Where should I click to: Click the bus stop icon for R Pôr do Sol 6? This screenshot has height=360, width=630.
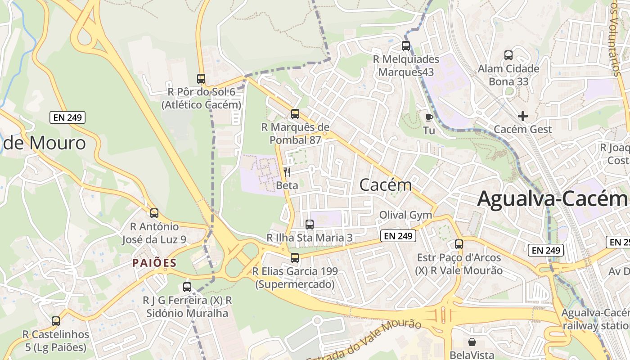coord(201,78)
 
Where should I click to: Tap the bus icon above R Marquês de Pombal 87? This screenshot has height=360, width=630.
coord(295,113)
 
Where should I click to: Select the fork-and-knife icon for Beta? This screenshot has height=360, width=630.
coord(287,172)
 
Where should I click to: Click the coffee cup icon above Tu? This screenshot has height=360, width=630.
coord(429,117)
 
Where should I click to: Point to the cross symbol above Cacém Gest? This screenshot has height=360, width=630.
coord(522,116)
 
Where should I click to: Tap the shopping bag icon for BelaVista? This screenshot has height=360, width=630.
coord(472,342)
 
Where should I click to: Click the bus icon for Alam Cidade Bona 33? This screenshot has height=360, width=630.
coord(508,55)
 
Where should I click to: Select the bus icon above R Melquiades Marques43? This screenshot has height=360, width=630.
coord(406,45)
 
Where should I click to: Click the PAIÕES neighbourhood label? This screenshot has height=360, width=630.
coord(154,263)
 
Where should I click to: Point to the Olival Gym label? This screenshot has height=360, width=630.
coord(405,215)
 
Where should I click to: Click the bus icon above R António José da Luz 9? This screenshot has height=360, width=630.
coord(154,213)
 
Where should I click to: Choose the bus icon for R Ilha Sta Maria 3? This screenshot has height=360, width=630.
coord(310,224)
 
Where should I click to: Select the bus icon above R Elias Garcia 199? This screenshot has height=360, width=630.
coord(295,257)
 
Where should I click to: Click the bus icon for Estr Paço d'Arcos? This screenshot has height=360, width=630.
coord(459,244)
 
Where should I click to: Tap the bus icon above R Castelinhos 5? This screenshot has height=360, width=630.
coord(56,321)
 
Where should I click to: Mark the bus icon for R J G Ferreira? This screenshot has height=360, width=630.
coord(187,287)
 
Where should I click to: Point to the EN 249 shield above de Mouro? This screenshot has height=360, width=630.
coord(67,117)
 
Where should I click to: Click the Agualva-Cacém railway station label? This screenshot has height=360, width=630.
coord(595,319)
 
